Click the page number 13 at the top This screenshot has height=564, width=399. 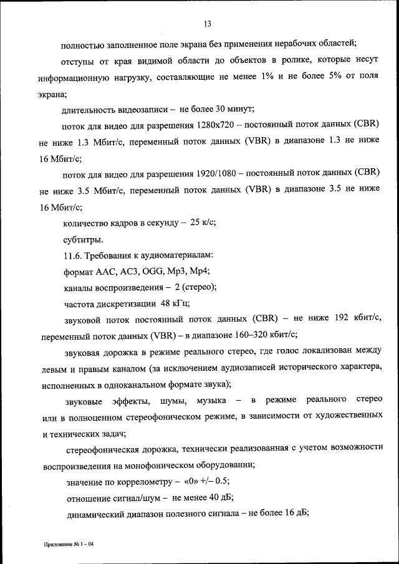[x=208, y=24]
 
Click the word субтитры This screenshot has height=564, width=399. [x=84, y=239]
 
